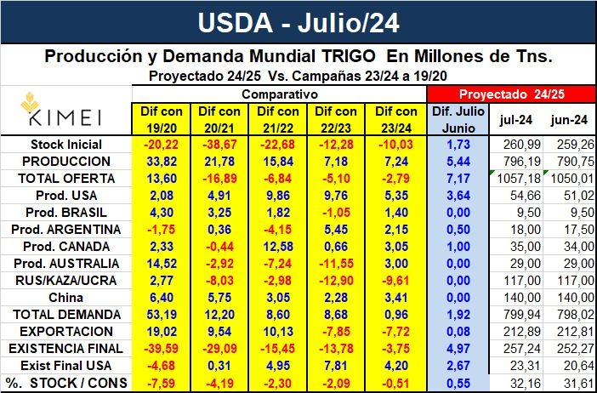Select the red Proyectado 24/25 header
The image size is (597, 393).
pyautogui.click(x=508, y=94)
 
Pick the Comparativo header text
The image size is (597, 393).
pyautogui.click(x=279, y=94)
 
